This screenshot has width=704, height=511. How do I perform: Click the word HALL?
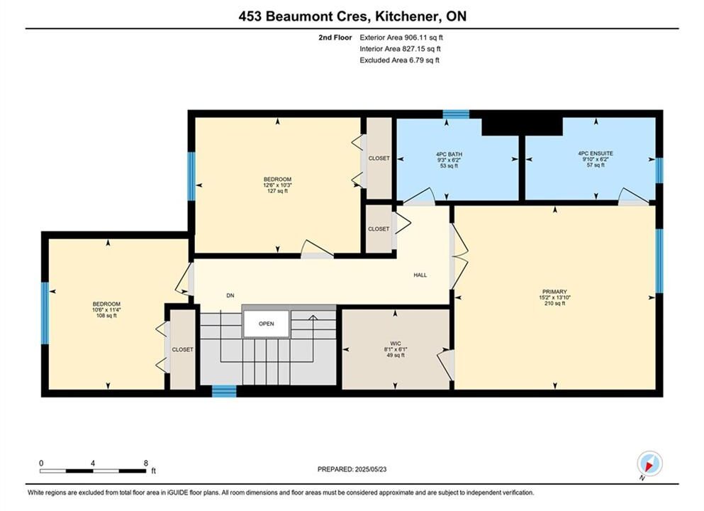420,275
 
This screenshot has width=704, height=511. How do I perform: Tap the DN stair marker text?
230,295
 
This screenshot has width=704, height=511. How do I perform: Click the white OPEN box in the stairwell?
267,323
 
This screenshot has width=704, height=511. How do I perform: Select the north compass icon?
649,463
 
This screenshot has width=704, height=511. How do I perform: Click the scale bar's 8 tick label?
146,463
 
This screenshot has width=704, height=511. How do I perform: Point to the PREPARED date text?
352,469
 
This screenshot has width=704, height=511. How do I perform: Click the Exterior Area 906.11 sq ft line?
401,38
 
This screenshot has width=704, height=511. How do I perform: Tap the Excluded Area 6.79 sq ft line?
400,60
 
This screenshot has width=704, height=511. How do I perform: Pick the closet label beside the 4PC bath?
379,158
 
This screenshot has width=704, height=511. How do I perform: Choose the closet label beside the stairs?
183,349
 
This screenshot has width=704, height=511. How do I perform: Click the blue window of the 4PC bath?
456,114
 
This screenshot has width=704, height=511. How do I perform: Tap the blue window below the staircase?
224,391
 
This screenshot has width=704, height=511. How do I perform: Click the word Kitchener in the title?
406,16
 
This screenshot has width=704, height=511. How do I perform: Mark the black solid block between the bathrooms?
522,126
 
